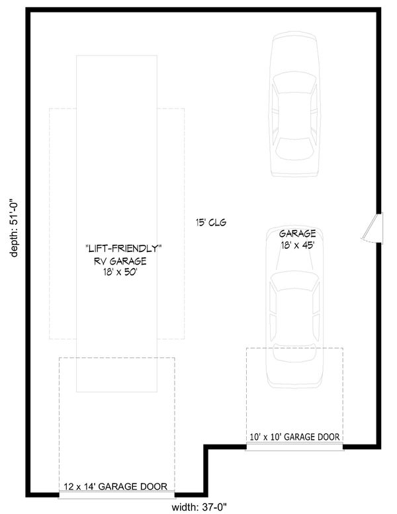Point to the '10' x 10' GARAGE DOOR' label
pos(294,437)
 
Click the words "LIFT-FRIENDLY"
pos(124,248)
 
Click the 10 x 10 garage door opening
pos(294,447)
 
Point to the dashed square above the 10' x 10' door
pos(294,390)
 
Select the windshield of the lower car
pos(295,283)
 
